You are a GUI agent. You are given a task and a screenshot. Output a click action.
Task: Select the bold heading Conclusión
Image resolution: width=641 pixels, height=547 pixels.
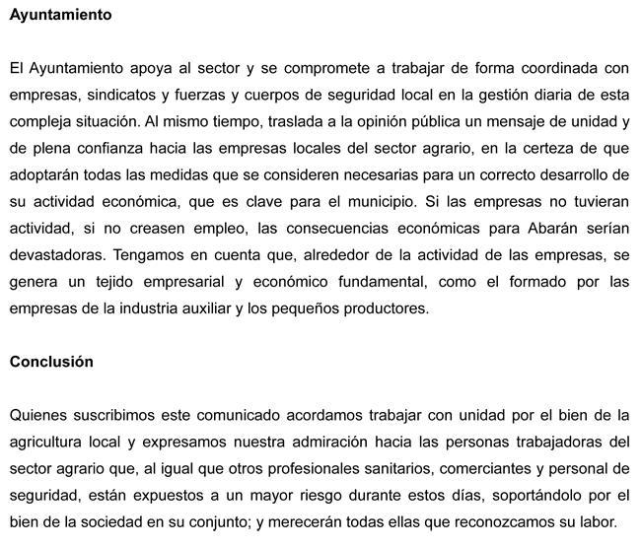click(x=51, y=362)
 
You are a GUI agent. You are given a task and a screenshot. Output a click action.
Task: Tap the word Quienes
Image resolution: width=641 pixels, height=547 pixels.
click(x=36, y=414)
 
